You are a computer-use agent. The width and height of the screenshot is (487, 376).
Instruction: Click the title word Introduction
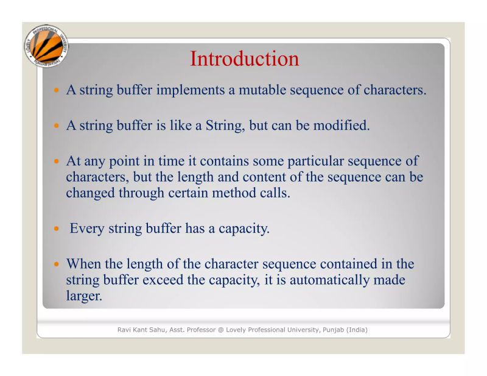244,59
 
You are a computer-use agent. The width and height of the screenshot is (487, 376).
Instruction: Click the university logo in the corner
46,48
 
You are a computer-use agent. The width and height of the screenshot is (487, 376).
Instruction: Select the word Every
87,229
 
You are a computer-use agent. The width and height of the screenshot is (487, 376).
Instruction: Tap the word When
83,264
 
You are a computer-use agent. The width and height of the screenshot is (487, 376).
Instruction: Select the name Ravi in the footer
125,330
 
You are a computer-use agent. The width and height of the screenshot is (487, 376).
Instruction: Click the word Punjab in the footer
331,330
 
